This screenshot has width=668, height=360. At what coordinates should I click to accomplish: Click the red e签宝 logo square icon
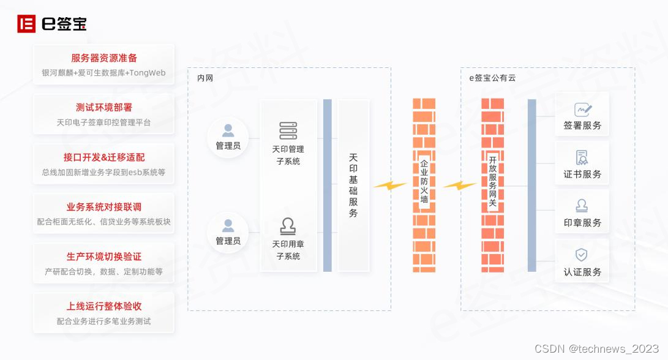[26, 24]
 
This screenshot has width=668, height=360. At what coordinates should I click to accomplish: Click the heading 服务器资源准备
[104, 58]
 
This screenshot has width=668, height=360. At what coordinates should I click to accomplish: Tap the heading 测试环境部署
[104, 108]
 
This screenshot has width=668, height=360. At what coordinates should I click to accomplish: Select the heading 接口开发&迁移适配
[104, 157]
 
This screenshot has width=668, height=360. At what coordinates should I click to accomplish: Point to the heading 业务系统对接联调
[104, 207]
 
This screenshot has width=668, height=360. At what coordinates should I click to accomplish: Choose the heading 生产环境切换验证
[104, 257]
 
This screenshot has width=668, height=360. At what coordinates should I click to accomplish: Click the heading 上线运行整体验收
[104, 306]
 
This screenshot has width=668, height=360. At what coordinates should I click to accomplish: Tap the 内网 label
[205, 78]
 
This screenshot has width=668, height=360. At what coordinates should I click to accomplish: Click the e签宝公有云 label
[492, 78]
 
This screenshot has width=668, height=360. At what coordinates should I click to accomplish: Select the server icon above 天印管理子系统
[288, 131]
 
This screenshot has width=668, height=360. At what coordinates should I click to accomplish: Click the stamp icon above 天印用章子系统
[288, 227]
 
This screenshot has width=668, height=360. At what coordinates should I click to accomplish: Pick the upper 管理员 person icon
[228, 130]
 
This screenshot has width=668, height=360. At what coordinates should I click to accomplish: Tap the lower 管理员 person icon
[228, 225]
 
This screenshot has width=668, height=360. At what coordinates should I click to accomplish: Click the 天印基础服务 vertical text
[353, 186]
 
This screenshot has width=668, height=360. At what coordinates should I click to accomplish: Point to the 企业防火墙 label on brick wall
[424, 182]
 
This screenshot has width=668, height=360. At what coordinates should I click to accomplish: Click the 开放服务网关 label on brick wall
[492, 182]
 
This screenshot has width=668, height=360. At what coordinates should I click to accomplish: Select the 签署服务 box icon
[582, 110]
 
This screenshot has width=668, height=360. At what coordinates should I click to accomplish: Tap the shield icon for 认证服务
[582, 255]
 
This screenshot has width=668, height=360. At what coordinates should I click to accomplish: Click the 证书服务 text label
[582, 174]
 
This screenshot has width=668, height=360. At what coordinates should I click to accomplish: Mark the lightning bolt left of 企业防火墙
[390, 184]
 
